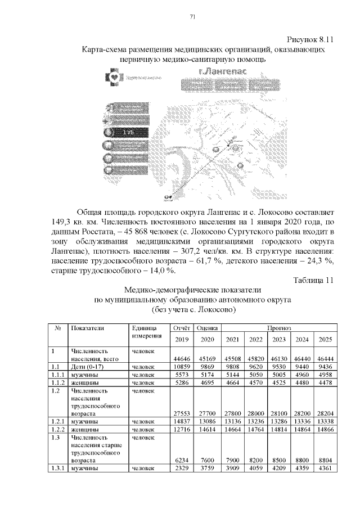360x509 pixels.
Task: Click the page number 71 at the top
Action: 192,16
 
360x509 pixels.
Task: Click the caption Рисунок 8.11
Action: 311,40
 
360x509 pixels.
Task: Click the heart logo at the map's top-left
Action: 113,75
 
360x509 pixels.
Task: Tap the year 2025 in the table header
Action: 325,339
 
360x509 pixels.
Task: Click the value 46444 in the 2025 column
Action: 325,358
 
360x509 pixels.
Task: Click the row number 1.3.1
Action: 57,467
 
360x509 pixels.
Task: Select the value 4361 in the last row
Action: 325,467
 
